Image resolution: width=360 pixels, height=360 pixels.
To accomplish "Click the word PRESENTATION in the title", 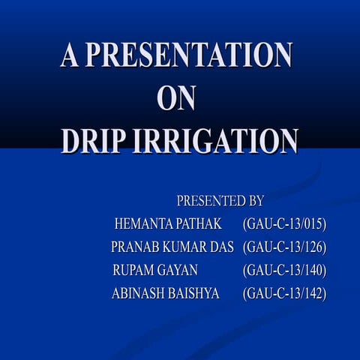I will pyautogui.click(x=188, y=55).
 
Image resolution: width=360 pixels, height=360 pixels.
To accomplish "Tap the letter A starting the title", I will pyautogui.click(x=70, y=55).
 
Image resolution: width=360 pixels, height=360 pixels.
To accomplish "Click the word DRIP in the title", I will pyautogui.click(x=93, y=140).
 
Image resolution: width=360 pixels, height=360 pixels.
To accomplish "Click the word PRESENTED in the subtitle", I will pyautogui.click(x=209, y=201).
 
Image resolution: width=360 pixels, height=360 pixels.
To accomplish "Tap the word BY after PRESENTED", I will pyautogui.click(x=256, y=201).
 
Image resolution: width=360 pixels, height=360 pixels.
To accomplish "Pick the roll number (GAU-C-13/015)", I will pyautogui.click(x=285, y=224).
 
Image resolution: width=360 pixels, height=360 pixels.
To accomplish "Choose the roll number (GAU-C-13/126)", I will pyautogui.click(x=285, y=247).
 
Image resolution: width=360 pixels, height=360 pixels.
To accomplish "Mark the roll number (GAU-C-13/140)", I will pyautogui.click(x=285, y=270).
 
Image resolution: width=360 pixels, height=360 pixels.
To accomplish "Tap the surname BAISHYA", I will pyautogui.click(x=195, y=293).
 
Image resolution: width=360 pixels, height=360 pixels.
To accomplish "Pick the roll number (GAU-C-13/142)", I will pyautogui.click(x=285, y=293).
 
